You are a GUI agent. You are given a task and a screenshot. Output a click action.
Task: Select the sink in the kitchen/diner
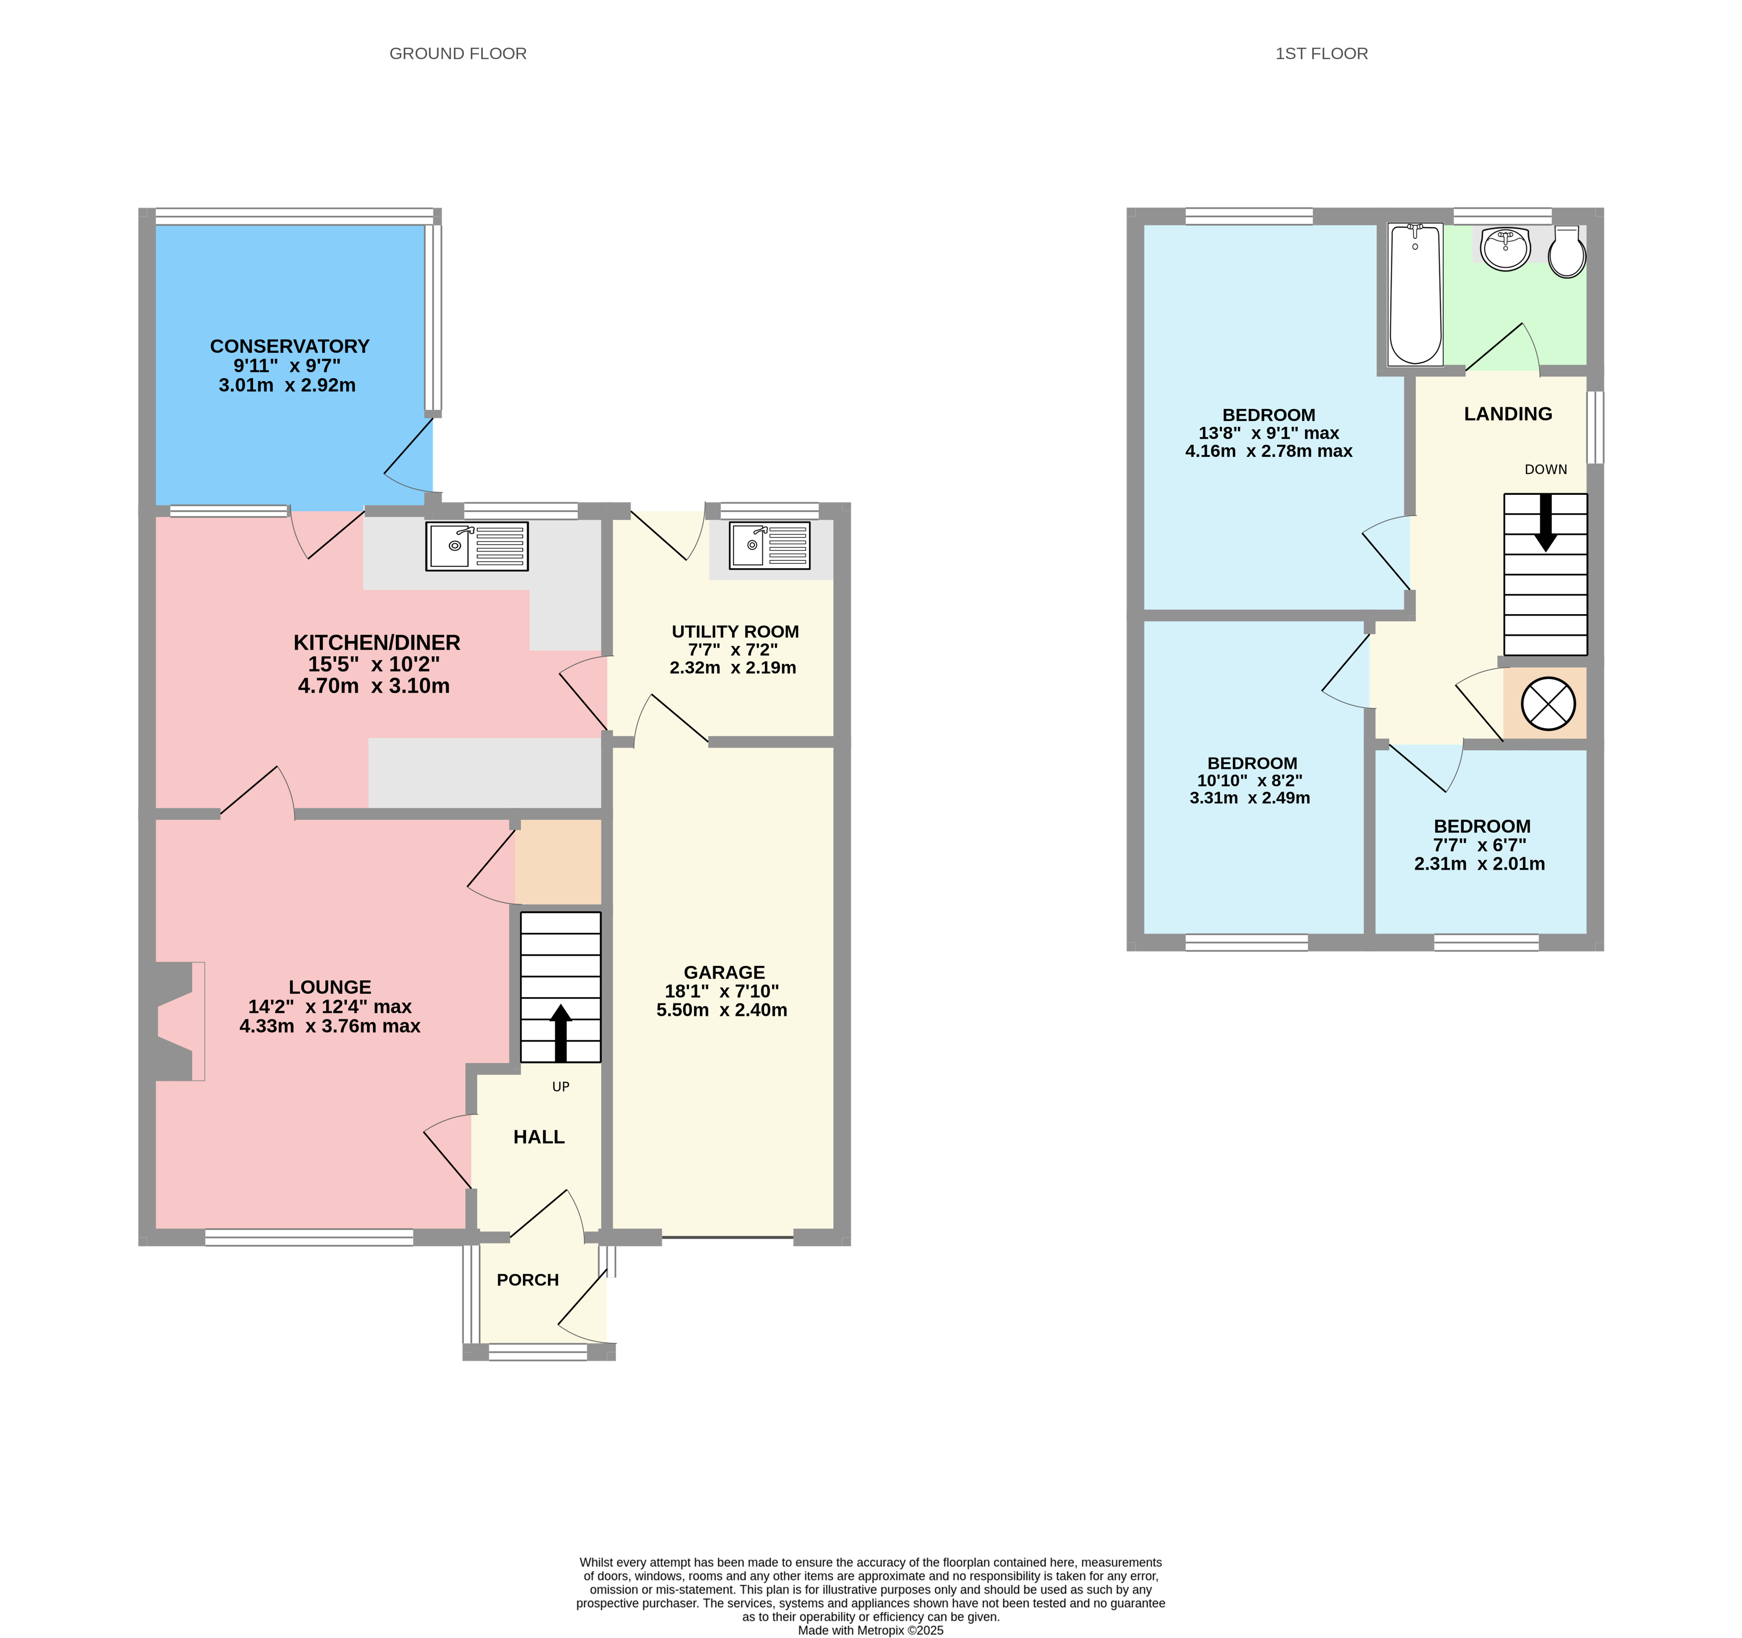pos(477,546)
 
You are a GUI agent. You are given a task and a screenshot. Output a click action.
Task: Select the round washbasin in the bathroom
pos(1506,248)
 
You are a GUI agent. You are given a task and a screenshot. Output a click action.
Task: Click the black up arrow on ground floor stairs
pos(561,1032)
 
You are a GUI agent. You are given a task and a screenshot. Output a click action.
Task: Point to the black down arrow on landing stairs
pos(1546,522)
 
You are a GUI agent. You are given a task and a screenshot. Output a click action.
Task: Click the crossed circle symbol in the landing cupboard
pos(1548,703)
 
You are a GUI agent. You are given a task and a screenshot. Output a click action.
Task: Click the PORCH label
pos(528,1280)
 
